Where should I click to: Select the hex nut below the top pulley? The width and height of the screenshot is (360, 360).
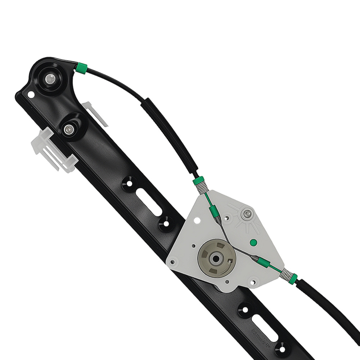point(68,128)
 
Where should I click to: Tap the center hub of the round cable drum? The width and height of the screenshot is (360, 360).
point(217,258)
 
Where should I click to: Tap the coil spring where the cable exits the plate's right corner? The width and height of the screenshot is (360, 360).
point(287,274)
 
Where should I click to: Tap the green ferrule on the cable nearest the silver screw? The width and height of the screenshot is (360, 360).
point(212,208)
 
